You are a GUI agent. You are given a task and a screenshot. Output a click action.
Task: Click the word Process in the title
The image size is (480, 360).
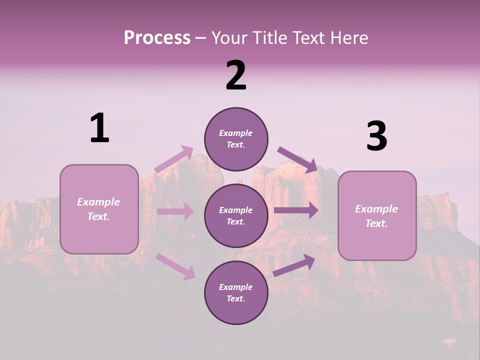click(x=157, y=38)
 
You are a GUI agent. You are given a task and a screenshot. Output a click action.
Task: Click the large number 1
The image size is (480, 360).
click(x=99, y=128)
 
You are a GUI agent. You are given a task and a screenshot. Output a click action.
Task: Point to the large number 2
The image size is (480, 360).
click(x=236, y=75)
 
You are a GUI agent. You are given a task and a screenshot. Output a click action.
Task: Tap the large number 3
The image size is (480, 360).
click(x=376, y=136)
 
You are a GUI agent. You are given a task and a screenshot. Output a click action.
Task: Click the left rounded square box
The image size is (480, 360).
click(x=99, y=209)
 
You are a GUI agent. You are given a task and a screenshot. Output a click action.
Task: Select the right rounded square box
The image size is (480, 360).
click(x=377, y=215)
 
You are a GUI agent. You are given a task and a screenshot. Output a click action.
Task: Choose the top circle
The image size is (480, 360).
click(x=236, y=139)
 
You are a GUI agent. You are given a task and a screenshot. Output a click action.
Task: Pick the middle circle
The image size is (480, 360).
click(x=236, y=216)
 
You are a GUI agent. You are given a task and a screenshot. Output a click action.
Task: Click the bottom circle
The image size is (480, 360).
click(x=236, y=293)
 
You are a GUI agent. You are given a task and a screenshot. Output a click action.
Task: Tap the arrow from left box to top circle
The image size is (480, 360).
click(x=174, y=159)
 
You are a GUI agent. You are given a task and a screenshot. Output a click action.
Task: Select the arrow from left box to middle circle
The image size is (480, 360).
click(x=175, y=211)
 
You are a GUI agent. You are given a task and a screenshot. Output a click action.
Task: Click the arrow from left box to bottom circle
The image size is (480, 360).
click(x=175, y=266)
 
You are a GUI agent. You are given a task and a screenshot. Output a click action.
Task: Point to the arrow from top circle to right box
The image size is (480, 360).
click(x=297, y=159)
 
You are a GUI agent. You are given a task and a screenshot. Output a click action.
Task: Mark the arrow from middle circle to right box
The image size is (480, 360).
click(x=295, y=210)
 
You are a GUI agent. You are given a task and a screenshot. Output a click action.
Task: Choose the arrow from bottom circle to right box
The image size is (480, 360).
click(x=294, y=265)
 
